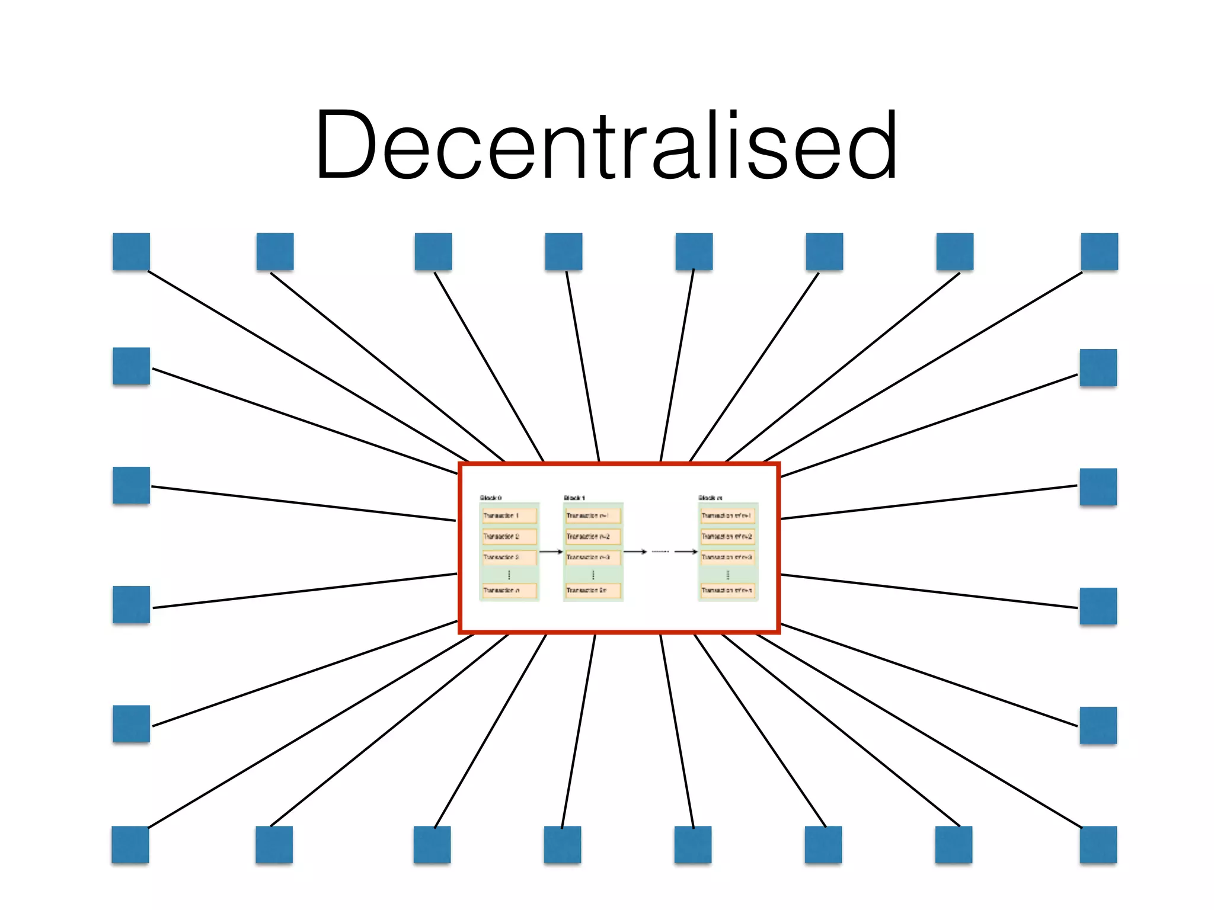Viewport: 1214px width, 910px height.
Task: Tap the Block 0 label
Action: point(490,498)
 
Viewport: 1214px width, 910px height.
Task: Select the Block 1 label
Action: point(574,498)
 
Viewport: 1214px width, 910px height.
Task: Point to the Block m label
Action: point(710,498)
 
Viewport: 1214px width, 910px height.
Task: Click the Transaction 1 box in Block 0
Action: point(509,515)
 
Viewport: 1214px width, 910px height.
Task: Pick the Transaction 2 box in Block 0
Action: point(509,536)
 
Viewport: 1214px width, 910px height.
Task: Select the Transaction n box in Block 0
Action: point(509,590)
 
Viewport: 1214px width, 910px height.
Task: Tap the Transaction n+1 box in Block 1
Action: point(592,515)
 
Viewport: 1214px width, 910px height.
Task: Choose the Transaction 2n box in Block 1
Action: point(592,590)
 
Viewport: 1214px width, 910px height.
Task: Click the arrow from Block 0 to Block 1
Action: point(551,552)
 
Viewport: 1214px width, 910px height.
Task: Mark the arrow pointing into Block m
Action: point(686,552)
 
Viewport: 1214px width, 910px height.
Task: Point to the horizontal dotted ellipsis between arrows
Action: point(660,552)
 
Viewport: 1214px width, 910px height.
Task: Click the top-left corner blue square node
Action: point(131,251)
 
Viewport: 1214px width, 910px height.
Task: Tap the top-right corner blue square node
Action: point(1099,251)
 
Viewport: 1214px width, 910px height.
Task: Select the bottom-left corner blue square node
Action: point(130,844)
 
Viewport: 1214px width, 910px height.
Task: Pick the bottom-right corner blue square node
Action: point(1098,844)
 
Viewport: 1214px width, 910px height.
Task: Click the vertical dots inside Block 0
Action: point(509,574)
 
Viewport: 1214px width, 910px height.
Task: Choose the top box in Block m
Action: point(727,515)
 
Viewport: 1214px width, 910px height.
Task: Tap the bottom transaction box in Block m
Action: point(727,590)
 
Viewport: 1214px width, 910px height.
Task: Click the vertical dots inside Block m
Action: point(727,574)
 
